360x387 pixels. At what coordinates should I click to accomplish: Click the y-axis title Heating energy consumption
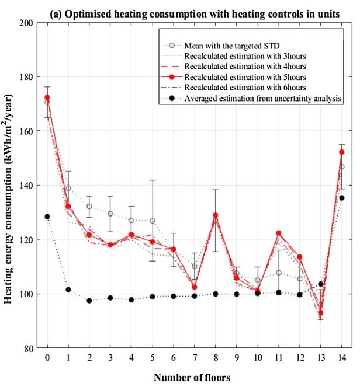coord(11,187)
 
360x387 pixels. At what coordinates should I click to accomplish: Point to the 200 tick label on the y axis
coord(25,23)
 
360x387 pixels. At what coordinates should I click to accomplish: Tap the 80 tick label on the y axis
coord(27,348)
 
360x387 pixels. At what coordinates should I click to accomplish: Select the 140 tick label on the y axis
coord(25,186)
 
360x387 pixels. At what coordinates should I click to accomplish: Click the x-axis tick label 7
coord(194,357)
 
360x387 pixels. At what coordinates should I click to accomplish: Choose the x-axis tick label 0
coord(47,357)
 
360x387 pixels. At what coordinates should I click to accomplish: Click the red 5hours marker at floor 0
coord(47,97)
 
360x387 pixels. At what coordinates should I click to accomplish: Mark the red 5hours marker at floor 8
coord(215,215)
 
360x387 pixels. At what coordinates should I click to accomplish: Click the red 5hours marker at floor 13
coord(320,313)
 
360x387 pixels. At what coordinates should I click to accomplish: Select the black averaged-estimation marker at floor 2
coord(89,301)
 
